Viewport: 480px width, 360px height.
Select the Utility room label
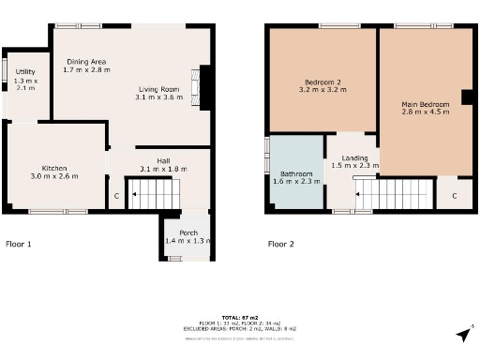pyautogui.click(x=25, y=71)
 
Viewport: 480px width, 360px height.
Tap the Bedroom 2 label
pyautogui.click(x=322, y=81)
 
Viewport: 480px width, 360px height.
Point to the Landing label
pyautogui.click(x=354, y=157)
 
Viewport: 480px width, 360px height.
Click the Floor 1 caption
pyautogui.click(x=19, y=244)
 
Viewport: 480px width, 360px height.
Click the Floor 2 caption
pyautogui.click(x=281, y=244)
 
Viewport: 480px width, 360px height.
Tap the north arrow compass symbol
pyautogui.click(x=463, y=335)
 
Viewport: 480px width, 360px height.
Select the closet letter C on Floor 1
pyautogui.click(x=116, y=196)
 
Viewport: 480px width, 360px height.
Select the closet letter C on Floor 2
pyautogui.click(x=453, y=196)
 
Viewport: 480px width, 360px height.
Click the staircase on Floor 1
pyautogui.click(x=153, y=195)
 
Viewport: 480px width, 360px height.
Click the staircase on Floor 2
pyautogui.click(x=394, y=194)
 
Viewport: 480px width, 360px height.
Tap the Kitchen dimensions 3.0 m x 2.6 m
pyautogui.click(x=53, y=176)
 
